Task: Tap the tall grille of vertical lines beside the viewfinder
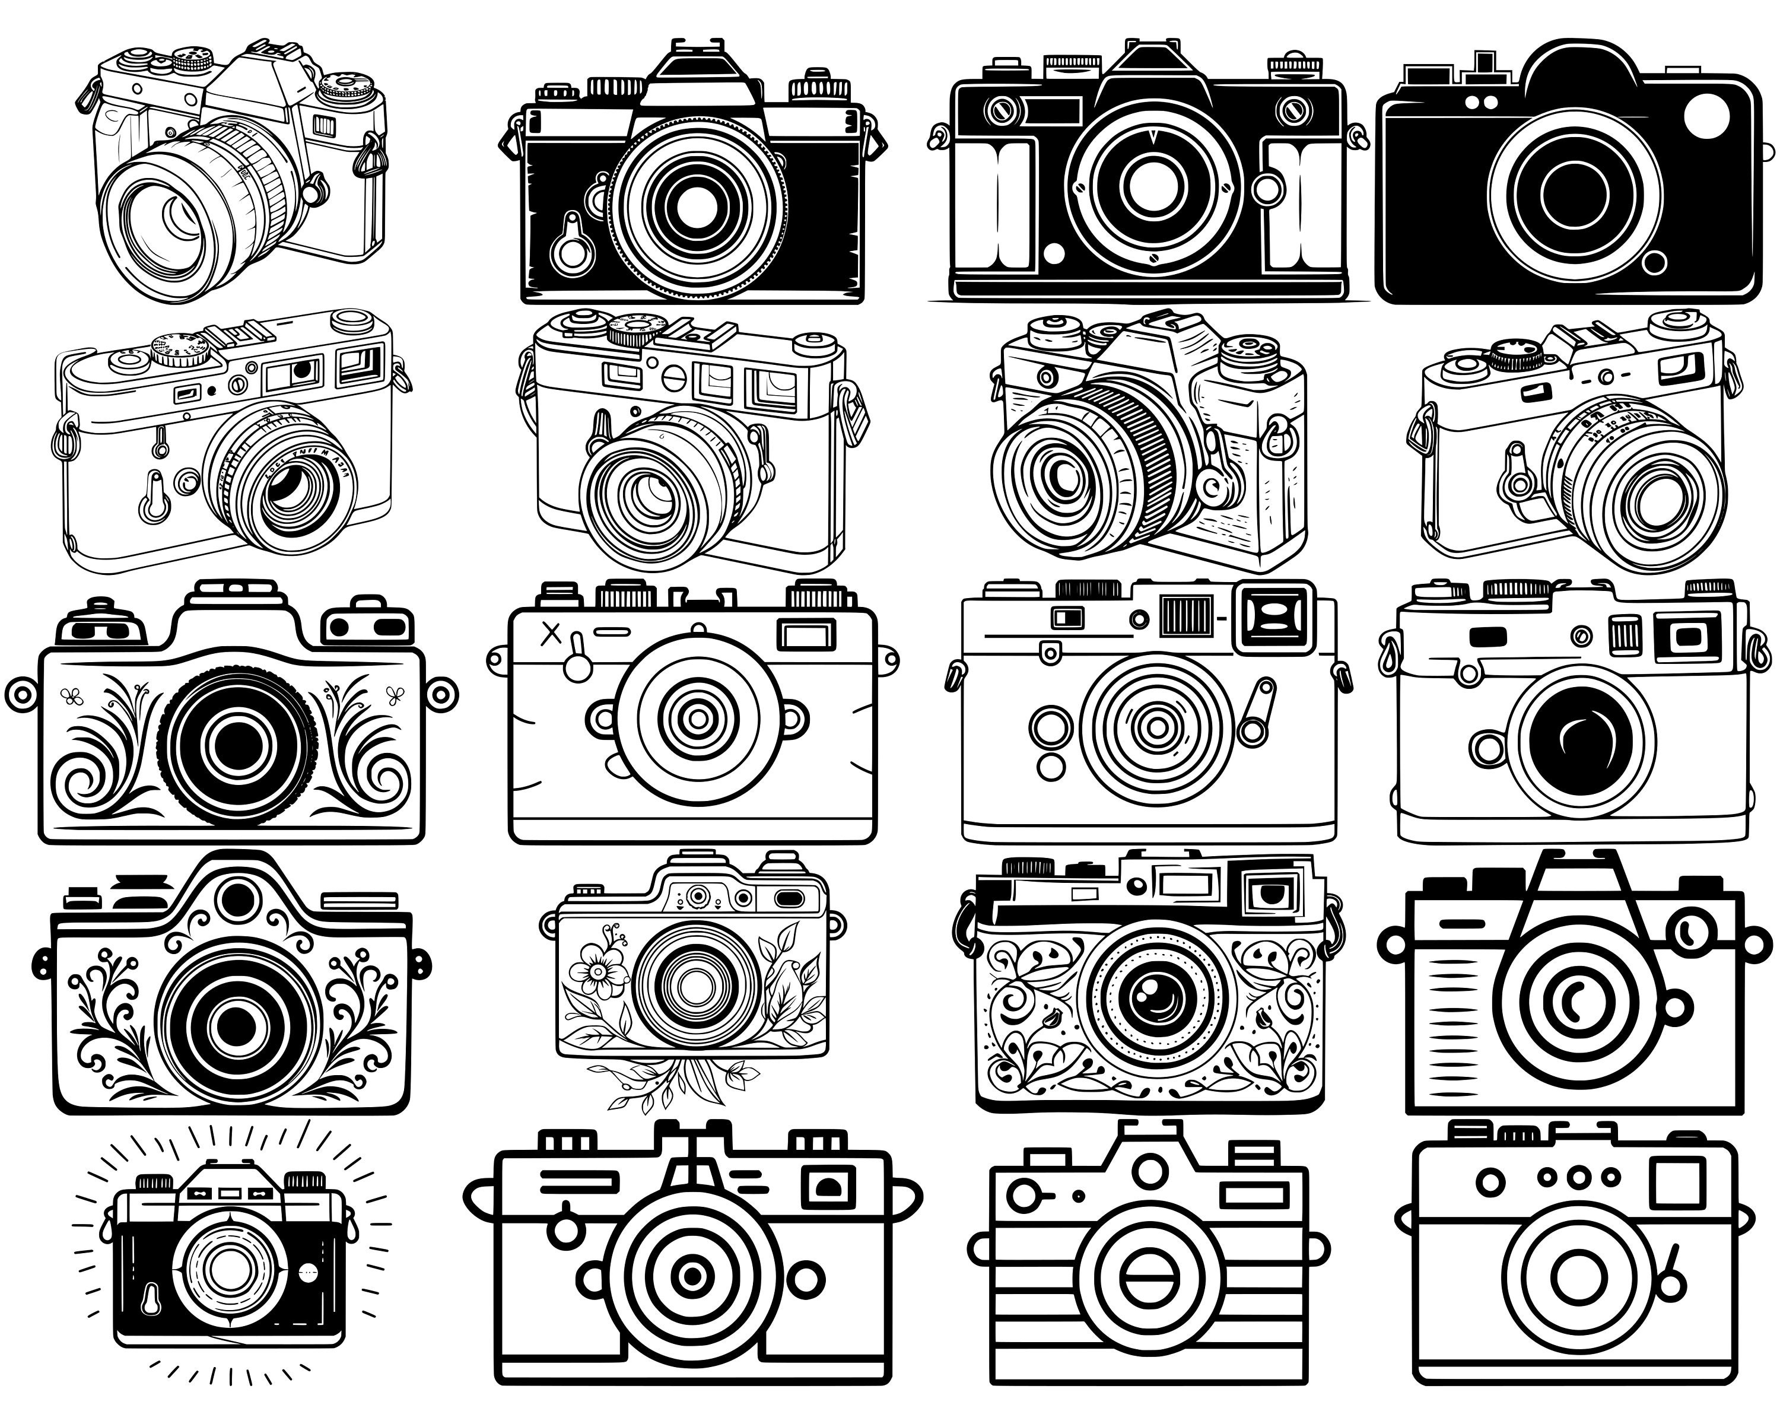coord(1187,616)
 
